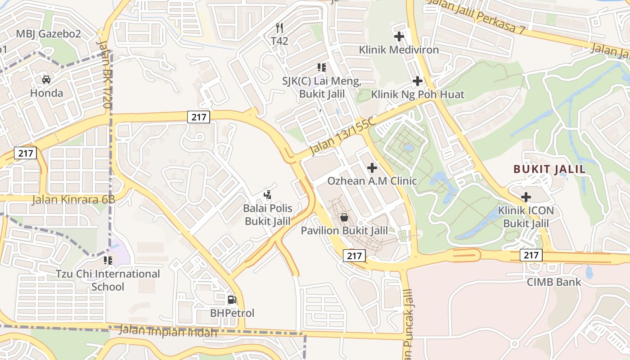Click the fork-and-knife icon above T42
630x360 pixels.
tap(279, 28)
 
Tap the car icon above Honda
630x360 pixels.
tap(46, 80)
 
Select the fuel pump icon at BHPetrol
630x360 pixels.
tap(232, 300)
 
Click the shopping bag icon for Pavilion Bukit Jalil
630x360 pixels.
tap(344, 218)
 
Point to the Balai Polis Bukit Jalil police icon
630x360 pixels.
tap(268, 195)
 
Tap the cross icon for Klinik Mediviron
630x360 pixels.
tap(399, 36)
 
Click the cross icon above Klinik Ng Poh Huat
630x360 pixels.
tap(418, 81)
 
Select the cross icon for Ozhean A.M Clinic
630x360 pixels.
tap(372, 168)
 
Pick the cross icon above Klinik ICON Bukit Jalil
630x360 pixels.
tap(526, 197)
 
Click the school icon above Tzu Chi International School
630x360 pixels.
tap(108, 261)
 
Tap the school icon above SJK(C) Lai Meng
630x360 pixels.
tap(322, 67)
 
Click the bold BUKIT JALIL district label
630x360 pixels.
tap(549, 169)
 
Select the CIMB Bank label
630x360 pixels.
tap(554, 282)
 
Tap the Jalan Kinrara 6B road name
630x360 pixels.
tap(73, 199)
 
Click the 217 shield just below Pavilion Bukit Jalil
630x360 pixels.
tap(355, 256)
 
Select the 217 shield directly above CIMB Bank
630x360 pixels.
tap(531, 255)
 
